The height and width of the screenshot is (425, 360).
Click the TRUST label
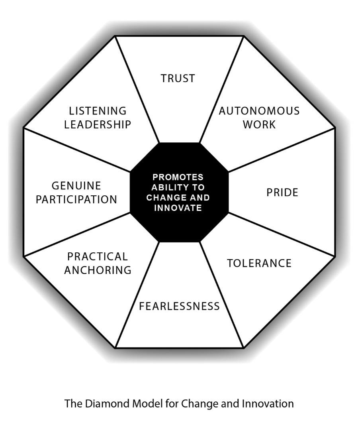click(178, 79)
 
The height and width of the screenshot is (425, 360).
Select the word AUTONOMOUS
click(259, 110)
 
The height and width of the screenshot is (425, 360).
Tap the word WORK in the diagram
click(259, 124)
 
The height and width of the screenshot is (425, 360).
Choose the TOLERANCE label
click(259, 263)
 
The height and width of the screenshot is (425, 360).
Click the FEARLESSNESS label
click(179, 306)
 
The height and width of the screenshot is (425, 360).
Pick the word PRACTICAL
click(98, 256)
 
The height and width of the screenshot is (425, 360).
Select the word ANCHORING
click(98, 270)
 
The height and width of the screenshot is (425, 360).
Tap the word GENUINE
click(76, 186)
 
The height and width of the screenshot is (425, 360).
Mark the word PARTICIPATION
click(76, 199)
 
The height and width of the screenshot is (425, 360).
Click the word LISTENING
click(98, 110)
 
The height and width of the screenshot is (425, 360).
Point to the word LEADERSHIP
click(98, 124)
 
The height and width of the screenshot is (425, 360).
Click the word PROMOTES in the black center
click(178, 177)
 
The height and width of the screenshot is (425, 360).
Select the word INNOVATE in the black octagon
click(178, 208)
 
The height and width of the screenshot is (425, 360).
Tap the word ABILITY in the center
click(168, 187)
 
